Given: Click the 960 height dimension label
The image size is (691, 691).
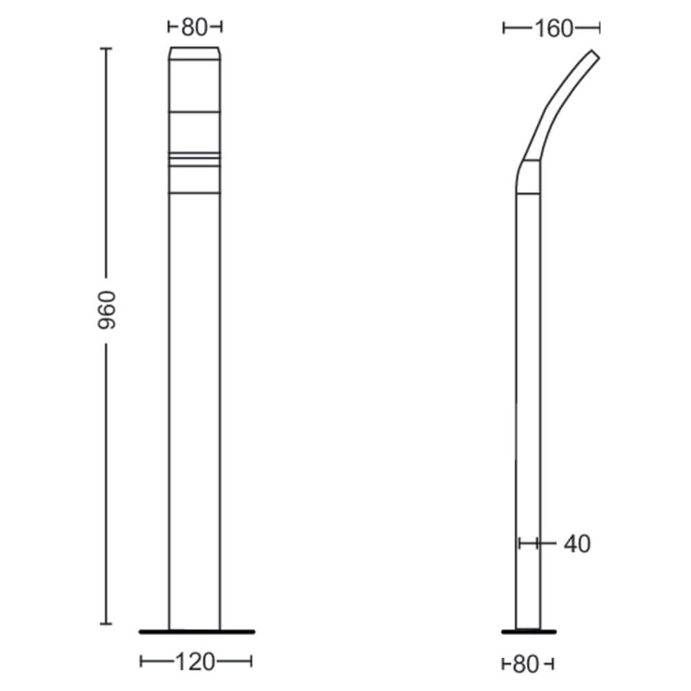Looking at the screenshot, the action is click(x=106, y=310).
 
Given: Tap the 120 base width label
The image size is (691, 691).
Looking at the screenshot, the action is click(x=196, y=661).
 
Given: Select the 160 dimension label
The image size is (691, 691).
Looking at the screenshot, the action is click(x=554, y=29).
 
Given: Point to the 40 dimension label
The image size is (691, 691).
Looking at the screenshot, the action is click(x=577, y=544).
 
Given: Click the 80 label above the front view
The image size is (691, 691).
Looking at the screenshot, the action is click(x=194, y=28).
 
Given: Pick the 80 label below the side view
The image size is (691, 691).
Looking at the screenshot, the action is click(x=526, y=664).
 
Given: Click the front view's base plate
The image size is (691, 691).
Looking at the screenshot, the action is click(x=197, y=632).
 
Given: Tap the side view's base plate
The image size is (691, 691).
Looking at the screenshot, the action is click(x=529, y=632).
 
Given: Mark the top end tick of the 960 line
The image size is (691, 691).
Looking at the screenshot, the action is click(x=106, y=48).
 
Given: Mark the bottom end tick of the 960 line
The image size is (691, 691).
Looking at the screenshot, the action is click(x=106, y=623).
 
